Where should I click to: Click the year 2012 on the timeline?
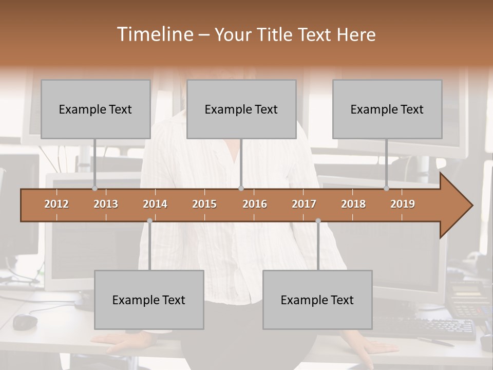click(56, 204)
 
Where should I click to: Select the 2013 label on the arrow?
click(106, 204)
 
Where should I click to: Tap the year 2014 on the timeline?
click(155, 204)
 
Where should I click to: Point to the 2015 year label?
click(204, 204)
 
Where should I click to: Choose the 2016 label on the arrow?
click(255, 204)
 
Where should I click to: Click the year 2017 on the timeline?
click(304, 204)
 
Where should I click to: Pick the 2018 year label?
click(353, 204)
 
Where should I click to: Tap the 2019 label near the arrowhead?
click(403, 204)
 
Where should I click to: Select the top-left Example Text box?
click(96, 109)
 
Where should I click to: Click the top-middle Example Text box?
click(241, 109)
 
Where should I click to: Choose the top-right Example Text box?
click(387, 109)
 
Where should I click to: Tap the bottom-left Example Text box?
click(149, 300)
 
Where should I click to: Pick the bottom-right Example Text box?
click(317, 300)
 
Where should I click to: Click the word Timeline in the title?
click(154, 34)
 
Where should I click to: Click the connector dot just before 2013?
click(94, 189)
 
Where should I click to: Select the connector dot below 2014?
click(149, 220)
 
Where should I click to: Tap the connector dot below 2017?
click(318, 220)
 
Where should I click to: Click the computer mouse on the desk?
click(25, 322)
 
